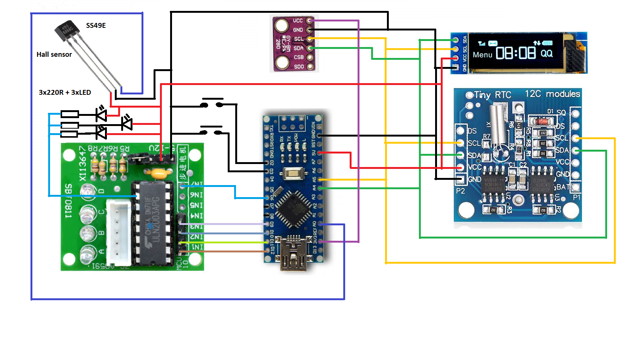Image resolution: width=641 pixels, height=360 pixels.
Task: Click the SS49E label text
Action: click(96, 26)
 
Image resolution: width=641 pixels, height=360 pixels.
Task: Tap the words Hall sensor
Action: click(54, 55)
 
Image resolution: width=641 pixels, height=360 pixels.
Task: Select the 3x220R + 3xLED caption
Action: click(65, 93)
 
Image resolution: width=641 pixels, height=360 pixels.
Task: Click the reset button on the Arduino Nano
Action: click(292, 174)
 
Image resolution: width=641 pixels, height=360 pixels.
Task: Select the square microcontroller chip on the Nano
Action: click(294, 209)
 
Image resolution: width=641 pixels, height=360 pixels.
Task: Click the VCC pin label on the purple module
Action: click(298, 21)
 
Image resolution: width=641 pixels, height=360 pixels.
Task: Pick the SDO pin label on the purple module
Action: click(299, 67)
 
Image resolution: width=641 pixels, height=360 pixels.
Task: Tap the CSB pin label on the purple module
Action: click(299, 57)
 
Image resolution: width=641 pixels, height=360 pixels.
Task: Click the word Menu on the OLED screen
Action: click(482, 55)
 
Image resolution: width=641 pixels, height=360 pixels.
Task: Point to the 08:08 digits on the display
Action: click(516, 53)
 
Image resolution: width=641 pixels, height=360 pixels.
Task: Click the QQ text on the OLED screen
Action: click(547, 53)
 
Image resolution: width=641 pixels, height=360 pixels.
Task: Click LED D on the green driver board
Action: click(88, 191)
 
